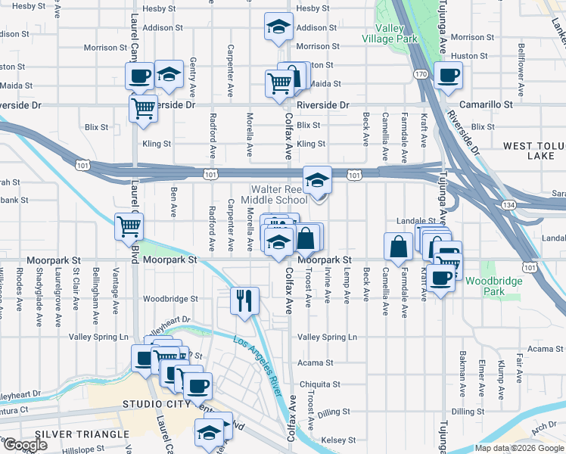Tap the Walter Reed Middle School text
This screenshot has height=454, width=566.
click(x=274, y=194)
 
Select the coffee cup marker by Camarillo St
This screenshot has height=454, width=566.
click(x=447, y=76)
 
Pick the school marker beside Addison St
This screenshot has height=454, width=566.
click(x=278, y=27)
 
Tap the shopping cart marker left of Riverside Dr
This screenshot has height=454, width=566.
click(x=142, y=108)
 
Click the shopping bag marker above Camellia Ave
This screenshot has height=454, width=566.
click(x=398, y=246)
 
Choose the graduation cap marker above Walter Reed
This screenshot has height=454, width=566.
click(x=317, y=180)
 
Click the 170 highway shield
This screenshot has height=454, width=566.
click(x=421, y=74)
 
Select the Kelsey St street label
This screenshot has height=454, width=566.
click(x=337, y=440)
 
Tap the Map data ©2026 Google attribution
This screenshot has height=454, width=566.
click(x=519, y=448)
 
